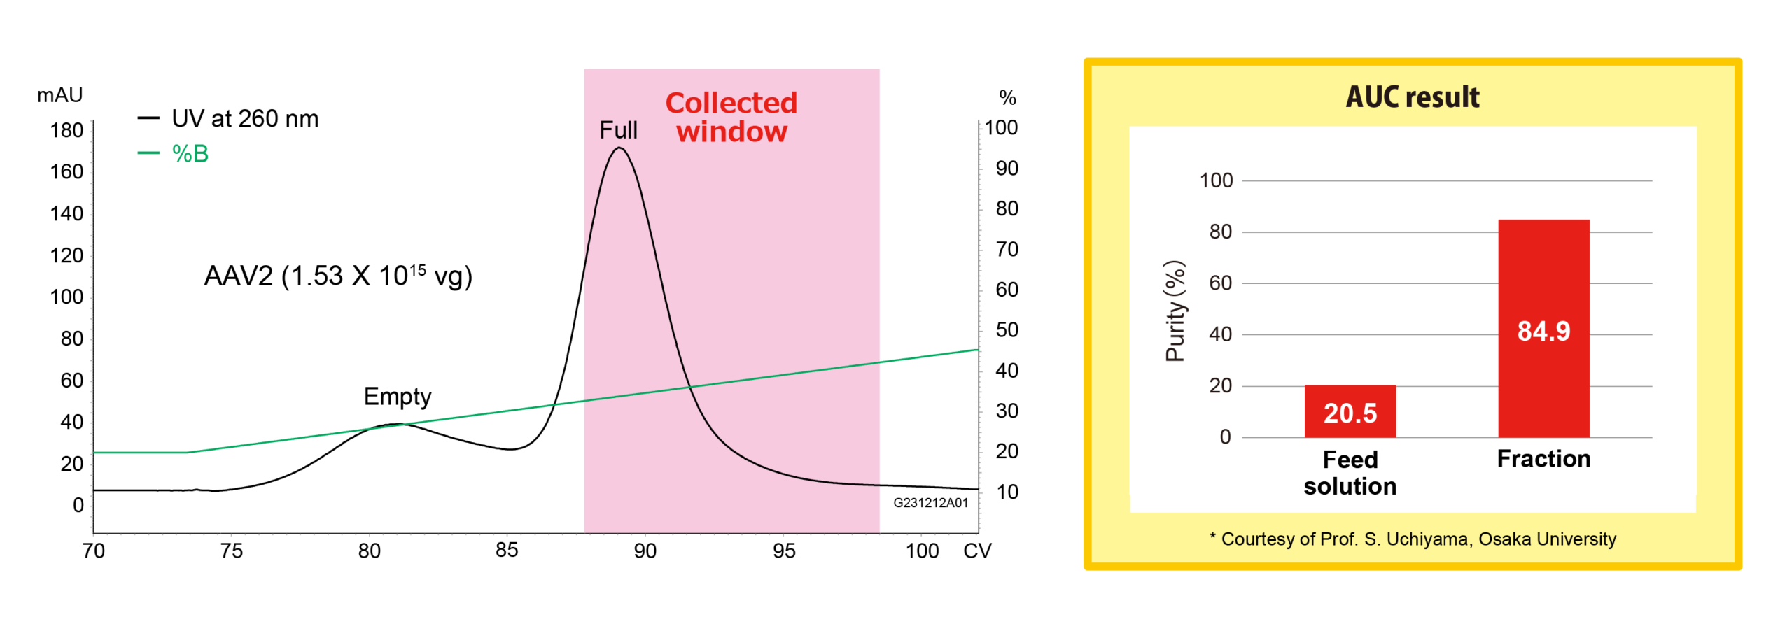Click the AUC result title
pyautogui.click(x=1413, y=97)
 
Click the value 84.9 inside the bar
pyautogui.click(x=1543, y=331)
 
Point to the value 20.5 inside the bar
pyautogui.click(x=1350, y=413)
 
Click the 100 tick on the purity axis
pyautogui.click(x=1216, y=180)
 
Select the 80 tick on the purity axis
pyautogui.click(x=1220, y=232)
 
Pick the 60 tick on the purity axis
pyautogui.click(x=1220, y=283)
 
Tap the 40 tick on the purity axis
pyautogui.click(x=1220, y=334)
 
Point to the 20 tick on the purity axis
pyautogui.click(x=1220, y=385)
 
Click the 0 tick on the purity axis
pyautogui.click(x=1225, y=437)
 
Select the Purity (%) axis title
pyautogui.click(x=1175, y=311)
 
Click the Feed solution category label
pyautogui.click(x=1350, y=473)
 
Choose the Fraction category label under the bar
pyautogui.click(x=1543, y=459)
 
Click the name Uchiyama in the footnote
pyautogui.click(x=1418, y=539)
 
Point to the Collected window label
pyautogui.click(x=731, y=117)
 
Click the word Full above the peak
pyautogui.click(x=618, y=130)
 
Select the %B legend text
pyautogui.click(x=190, y=153)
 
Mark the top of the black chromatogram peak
pyautogui.click(x=619, y=148)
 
